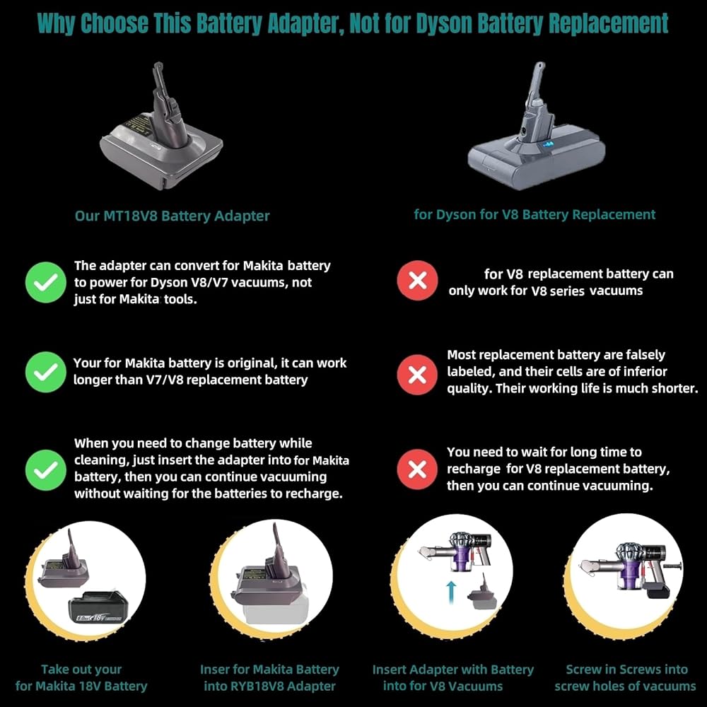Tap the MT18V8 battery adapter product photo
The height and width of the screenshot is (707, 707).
(161, 127)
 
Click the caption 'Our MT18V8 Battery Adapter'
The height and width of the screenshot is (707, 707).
(172, 216)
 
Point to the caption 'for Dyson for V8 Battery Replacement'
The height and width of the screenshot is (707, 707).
(534, 215)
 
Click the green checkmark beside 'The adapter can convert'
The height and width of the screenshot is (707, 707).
(46, 282)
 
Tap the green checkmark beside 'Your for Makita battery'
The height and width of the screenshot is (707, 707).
(46, 372)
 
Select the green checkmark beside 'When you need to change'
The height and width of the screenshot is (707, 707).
(46, 470)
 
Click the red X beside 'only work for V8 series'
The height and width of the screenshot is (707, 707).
(417, 281)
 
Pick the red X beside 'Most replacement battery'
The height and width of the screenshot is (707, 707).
(417, 375)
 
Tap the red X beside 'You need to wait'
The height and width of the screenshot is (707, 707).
(417, 469)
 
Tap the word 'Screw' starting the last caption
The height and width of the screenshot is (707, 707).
(582, 670)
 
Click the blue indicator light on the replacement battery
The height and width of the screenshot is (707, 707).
(547, 145)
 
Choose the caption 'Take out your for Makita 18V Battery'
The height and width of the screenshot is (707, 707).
(81, 678)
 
